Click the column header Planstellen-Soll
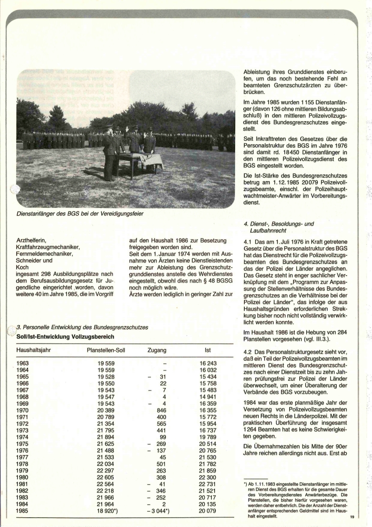[106, 350]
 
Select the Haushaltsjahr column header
[33, 350]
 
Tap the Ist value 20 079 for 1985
[208, 511]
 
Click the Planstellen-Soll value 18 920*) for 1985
[108, 511]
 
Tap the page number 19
[352, 516]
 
